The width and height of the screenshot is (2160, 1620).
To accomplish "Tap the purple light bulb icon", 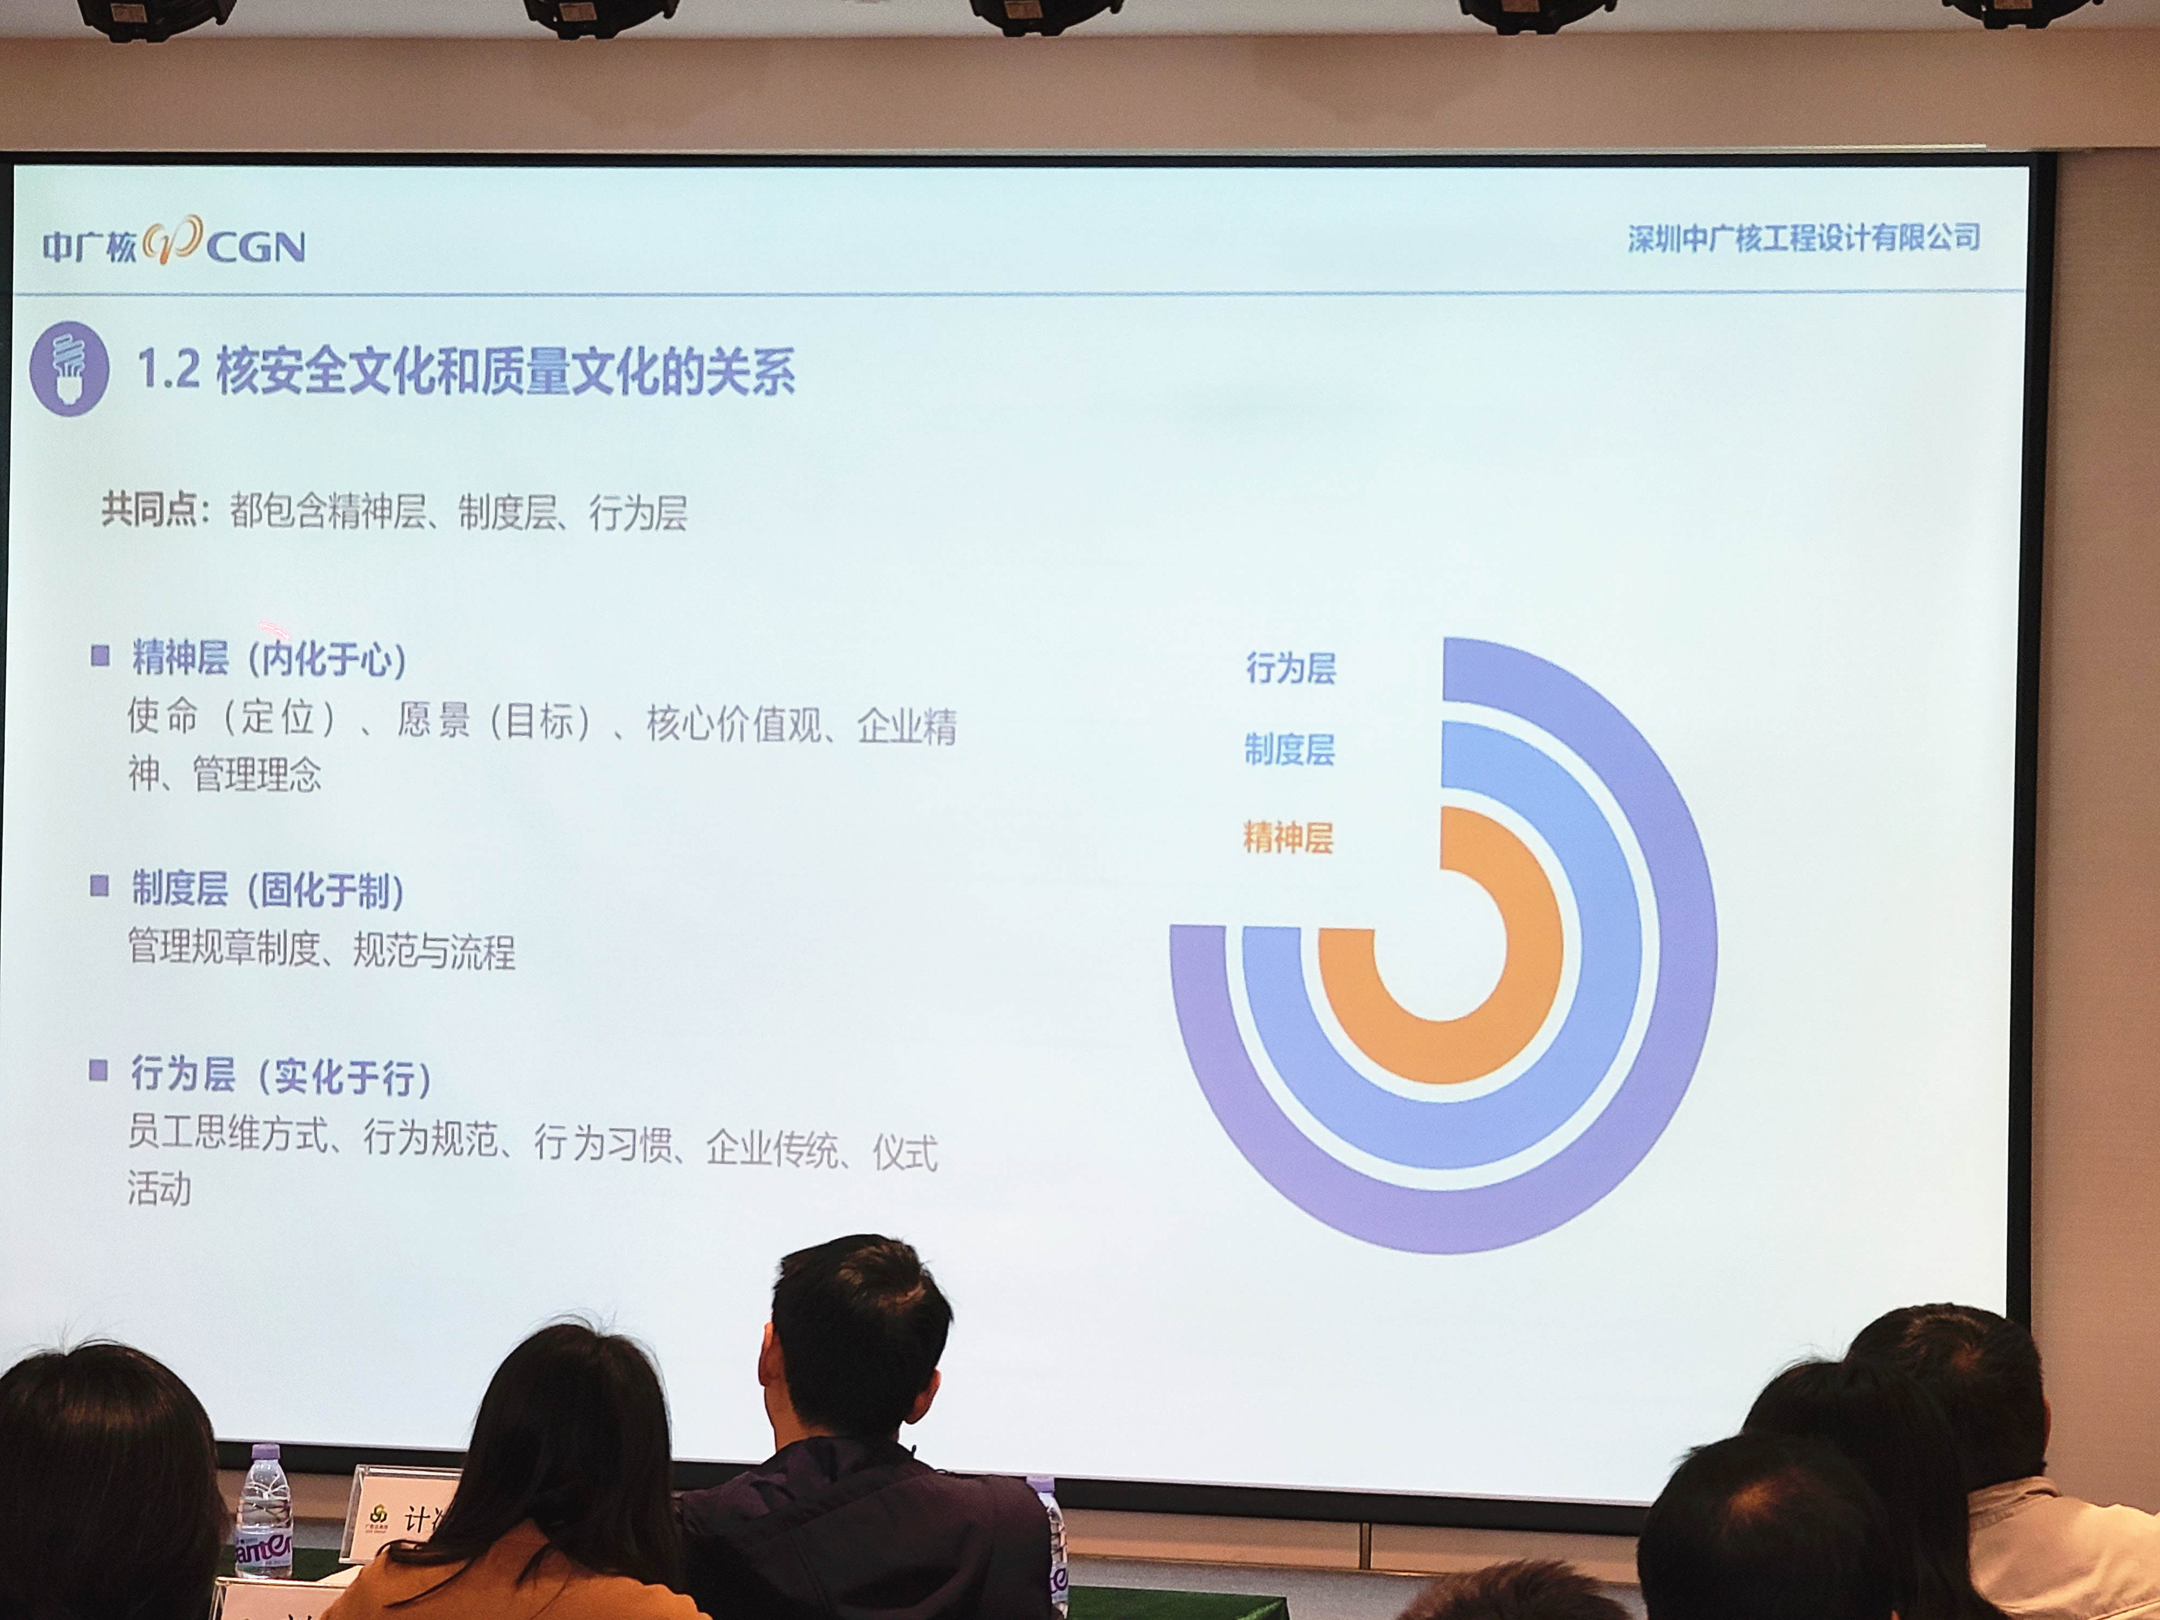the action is [x=69, y=369].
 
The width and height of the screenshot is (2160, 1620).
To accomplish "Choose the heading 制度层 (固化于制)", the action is [x=267, y=889].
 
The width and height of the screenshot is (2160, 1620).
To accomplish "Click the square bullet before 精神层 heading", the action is [x=99, y=655].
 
